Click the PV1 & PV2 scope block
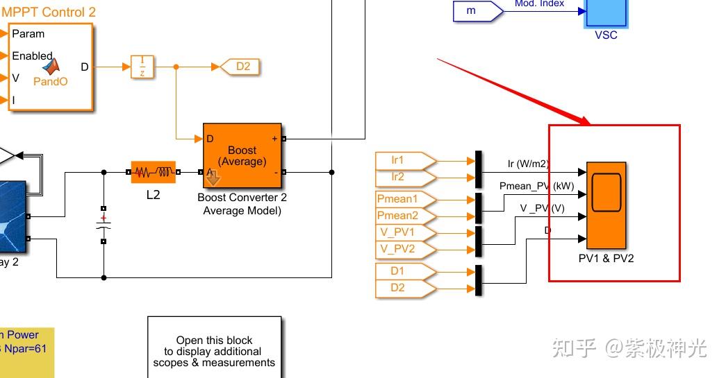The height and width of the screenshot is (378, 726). (x=606, y=205)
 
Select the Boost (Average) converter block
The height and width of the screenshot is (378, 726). (x=242, y=156)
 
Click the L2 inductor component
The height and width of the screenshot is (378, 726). (x=153, y=172)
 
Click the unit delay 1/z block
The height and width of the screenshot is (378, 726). (x=142, y=67)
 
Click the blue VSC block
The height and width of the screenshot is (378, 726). (x=606, y=14)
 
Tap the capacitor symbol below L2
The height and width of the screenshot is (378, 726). (x=104, y=225)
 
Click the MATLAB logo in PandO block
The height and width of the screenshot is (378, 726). (x=51, y=67)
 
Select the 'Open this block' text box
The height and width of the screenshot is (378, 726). (x=214, y=347)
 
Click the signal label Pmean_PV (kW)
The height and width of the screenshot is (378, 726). (x=536, y=187)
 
